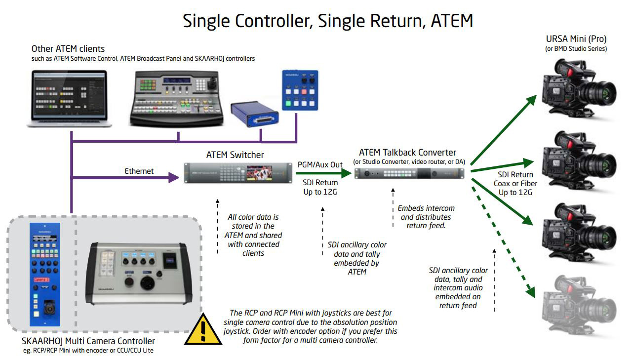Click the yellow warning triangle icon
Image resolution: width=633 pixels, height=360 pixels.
[x=202, y=330]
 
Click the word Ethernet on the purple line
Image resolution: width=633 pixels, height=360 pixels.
[x=139, y=171]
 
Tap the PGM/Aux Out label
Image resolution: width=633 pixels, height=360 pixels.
[x=320, y=164]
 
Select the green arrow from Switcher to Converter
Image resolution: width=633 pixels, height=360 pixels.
[x=323, y=173]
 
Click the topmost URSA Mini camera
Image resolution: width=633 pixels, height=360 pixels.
[x=578, y=89]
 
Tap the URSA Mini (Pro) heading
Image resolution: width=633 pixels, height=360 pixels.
[x=576, y=39]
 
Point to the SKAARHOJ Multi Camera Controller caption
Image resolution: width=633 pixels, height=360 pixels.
[x=88, y=341]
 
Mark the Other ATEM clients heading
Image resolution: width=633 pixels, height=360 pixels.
[x=68, y=49]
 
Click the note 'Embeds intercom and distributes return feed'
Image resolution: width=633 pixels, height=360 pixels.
[x=425, y=217]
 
